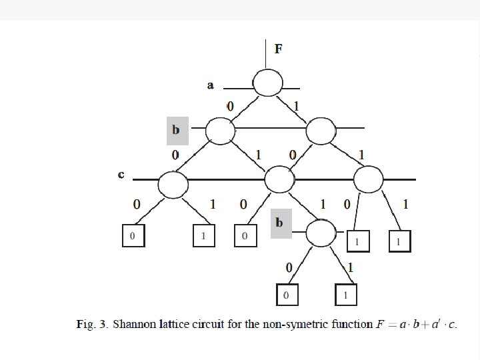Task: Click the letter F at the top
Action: [278, 49]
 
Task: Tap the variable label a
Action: [211, 85]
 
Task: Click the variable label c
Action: [121, 175]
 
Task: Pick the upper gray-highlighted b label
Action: [177, 129]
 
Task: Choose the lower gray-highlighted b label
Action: [280, 222]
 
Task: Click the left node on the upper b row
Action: [220, 131]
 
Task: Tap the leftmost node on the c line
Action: [173, 183]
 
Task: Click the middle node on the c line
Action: [279, 179]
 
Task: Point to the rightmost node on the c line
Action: [368, 178]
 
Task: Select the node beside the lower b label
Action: [321, 232]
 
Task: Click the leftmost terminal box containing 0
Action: [133, 237]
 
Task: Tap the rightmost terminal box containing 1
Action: [399, 241]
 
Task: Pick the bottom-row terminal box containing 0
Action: [286, 295]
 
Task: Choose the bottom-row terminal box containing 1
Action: [345, 295]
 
